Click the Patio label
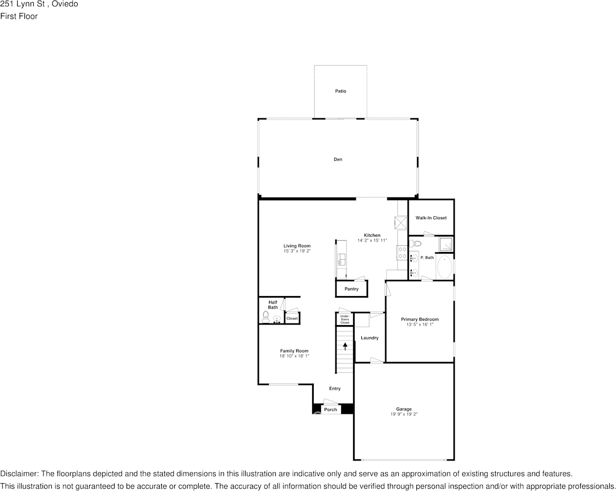tap(340, 91)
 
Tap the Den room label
tap(338, 159)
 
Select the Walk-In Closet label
tap(431, 218)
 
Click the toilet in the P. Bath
tap(416, 243)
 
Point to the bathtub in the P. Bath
tap(444, 266)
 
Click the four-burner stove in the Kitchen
tap(402, 252)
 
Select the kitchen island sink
tap(341, 259)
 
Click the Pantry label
tap(352, 289)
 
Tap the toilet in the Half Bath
tap(265, 317)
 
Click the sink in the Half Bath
tap(277, 319)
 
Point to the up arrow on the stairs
tap(345, 346)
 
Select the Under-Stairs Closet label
tap(345, 319)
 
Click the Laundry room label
tap(370, 338)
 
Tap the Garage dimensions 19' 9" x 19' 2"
tap(404, 414)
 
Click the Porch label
tap(330, 410)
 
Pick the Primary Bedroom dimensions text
tap(419, 325)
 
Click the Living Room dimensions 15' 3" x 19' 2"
tap(297, 251)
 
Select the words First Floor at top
tap(19, 16)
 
